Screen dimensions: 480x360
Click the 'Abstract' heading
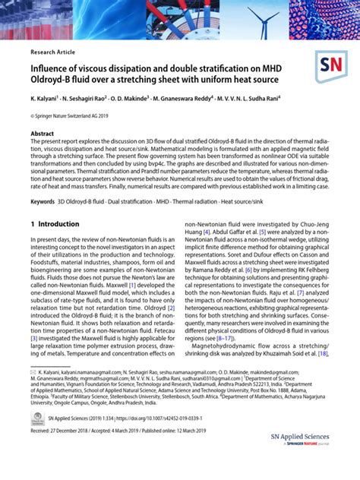point(42,133)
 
